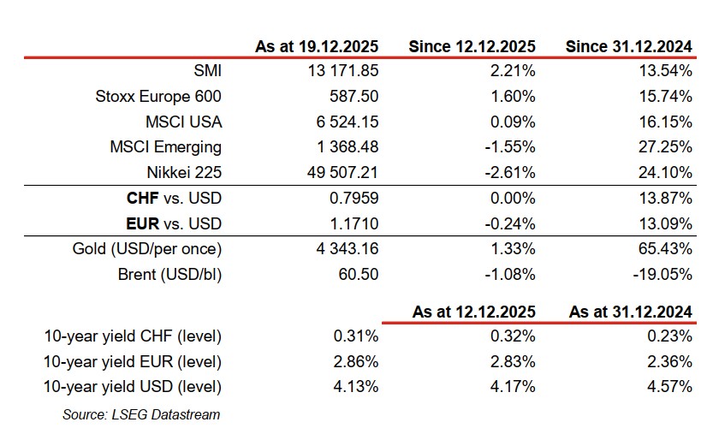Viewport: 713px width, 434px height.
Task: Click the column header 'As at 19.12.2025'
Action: click(x=317, y=45)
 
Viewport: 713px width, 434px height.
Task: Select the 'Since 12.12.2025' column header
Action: click(x=472, y=45)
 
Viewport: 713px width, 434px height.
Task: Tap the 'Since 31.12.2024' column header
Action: click(x=629, y=45)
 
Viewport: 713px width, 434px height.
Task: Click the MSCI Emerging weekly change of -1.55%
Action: click(x=510, y=147)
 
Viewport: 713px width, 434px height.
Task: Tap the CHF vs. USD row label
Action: click(x=173, y=199)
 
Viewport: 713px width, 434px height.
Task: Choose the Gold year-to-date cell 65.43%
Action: click(x=668, y=250)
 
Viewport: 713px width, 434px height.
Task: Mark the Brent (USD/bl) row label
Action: click(x=169, y=276)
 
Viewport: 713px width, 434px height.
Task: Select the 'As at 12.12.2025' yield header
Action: click(x=474, y=312)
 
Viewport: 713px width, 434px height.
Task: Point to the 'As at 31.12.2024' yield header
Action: click(x=631, y=312)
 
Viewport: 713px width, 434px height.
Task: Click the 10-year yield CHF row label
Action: click(x=133, y=336)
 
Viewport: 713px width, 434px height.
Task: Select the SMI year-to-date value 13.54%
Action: click(x=668, y=70)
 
